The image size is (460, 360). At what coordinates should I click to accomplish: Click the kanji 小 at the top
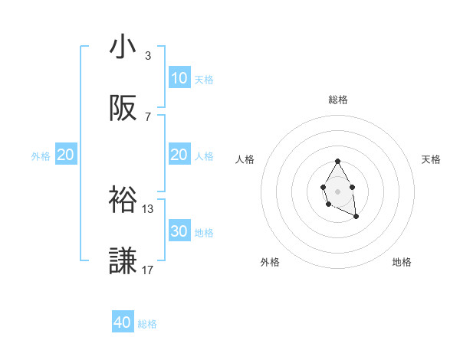(123, 47)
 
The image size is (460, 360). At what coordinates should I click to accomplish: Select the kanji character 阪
(123, 110)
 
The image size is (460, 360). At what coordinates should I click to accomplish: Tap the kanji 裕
(123, 198)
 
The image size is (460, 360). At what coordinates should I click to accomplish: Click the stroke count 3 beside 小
(148, 56)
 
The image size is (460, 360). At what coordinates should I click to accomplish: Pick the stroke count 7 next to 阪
(148, 117)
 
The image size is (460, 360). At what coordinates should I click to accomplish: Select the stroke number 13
(148, 208)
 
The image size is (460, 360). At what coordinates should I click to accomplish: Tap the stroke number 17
(148, 270)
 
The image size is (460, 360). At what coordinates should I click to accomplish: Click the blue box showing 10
(179, 78)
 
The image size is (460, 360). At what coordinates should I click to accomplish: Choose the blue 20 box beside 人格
(179, 155)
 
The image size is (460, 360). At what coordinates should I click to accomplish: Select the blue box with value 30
(179, 231)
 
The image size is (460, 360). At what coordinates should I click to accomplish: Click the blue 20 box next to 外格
(65, 155)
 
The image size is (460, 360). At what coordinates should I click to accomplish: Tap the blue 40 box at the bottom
(123, 322)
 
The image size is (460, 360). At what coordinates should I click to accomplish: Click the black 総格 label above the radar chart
(338, 100)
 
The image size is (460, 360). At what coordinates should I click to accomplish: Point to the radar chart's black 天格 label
(431, 159)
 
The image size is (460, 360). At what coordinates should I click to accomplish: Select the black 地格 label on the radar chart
(402, 262)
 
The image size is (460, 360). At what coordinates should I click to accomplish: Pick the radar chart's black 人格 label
(245, 159)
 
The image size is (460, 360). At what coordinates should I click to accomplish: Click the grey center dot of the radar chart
(337, 190)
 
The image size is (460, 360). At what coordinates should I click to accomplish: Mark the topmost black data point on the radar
(337, 161)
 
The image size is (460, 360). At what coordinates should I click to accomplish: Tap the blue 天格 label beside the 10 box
(204, 79)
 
